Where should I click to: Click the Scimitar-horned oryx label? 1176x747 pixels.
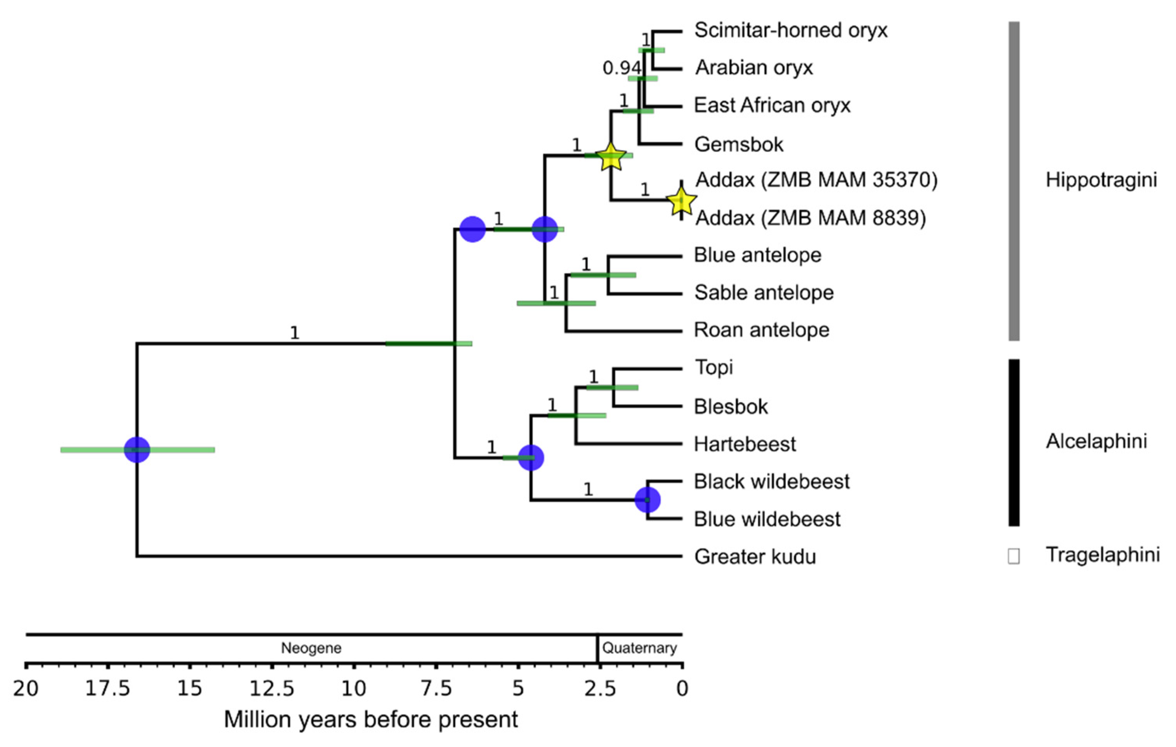790,30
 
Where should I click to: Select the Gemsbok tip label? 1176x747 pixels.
738,144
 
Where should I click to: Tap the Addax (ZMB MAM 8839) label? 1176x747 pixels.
810,217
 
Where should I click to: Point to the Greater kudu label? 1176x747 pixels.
755,556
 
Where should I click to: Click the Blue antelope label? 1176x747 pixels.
757,255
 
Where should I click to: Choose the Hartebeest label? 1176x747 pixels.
745,444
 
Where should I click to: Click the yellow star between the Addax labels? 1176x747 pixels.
681,201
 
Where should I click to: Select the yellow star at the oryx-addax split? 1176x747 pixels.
610,157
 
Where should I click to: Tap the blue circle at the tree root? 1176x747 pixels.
137,450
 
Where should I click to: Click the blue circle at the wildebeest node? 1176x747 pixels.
647,500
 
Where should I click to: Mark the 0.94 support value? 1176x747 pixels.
621,68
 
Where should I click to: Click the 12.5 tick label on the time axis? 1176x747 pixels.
272,689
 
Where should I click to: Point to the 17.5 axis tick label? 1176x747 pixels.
107,689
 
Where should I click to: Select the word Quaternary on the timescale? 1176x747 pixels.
639,648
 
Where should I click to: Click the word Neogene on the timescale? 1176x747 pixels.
311,648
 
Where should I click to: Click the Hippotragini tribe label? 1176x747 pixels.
1101,180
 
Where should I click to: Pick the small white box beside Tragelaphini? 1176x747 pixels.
1013,556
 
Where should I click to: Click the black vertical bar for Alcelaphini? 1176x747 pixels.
1014,443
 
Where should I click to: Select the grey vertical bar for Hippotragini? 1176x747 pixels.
1014,181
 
